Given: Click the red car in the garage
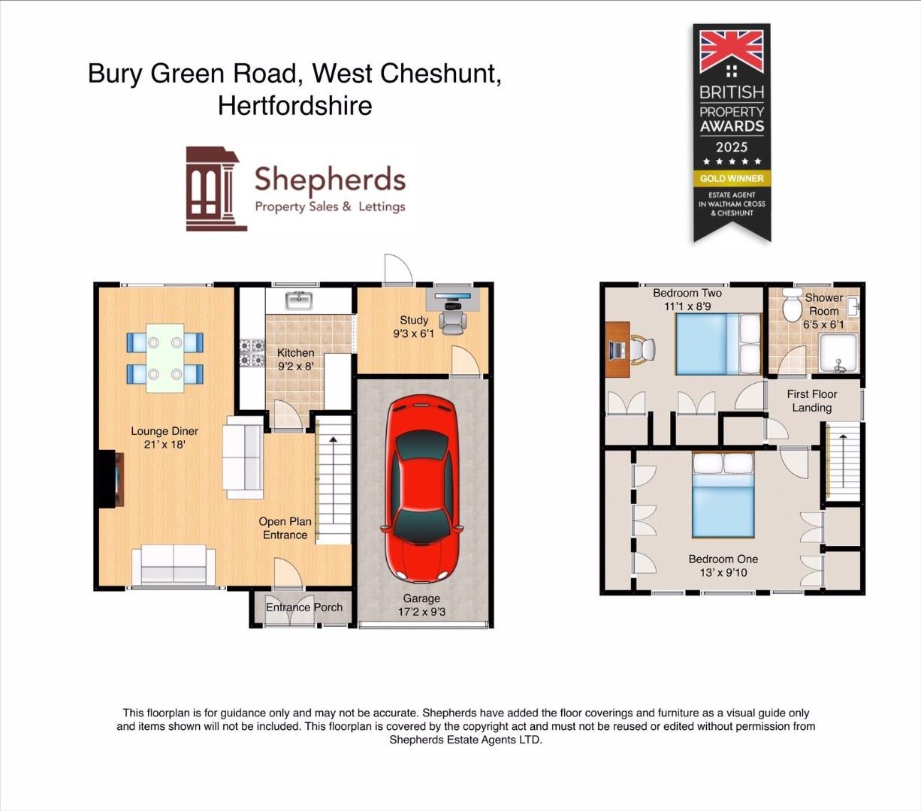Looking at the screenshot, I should click(421, 490).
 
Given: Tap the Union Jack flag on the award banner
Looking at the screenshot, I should click(731, 51).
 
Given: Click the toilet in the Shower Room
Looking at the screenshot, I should click(792, 305).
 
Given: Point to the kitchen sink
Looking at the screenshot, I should click(299, 300).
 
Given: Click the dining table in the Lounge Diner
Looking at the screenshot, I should click(165, 358).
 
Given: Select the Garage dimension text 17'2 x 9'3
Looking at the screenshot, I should click(421, 612).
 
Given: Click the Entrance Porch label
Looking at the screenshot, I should click(304, 607).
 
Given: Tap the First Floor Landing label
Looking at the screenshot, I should click(811, 401).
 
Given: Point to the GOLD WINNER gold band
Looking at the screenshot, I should click(732, 179).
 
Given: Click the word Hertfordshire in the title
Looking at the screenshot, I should click(294, 105).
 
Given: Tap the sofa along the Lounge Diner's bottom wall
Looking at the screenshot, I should click(174, 565).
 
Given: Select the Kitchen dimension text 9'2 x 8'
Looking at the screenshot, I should click(295, 366).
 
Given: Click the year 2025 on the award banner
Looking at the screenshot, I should click(731, 147).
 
